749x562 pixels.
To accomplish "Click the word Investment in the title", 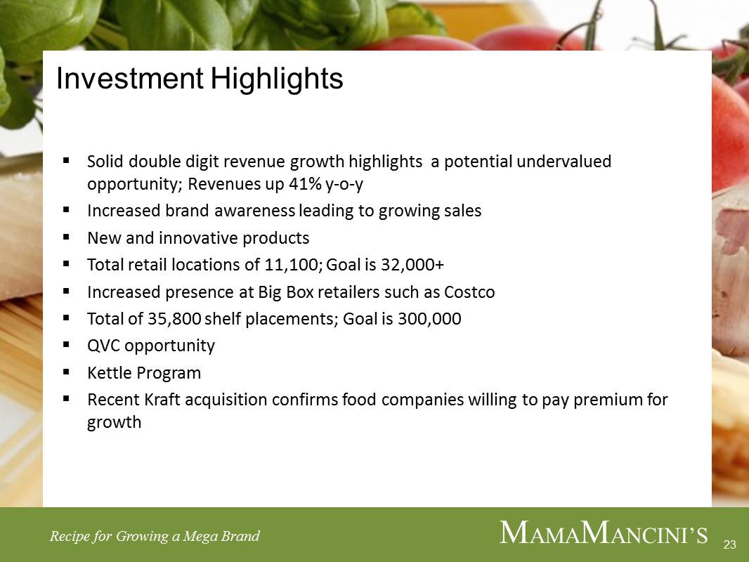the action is [130, 78].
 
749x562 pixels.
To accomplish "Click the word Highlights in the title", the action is [277, 79].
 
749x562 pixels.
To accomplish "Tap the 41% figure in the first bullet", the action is [305, 183].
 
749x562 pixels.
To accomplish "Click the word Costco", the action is [469, 292].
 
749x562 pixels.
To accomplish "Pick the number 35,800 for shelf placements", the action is [174, 319].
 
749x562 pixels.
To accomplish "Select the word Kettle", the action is [110, 372].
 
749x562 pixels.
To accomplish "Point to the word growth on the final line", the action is [114, 423].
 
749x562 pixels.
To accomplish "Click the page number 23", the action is [730, 544].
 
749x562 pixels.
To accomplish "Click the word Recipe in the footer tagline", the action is [70, 536].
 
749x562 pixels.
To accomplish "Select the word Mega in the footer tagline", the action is [198, 537].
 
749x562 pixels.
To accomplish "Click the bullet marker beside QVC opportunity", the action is [66, 344].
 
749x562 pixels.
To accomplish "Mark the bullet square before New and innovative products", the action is [66, 236].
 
